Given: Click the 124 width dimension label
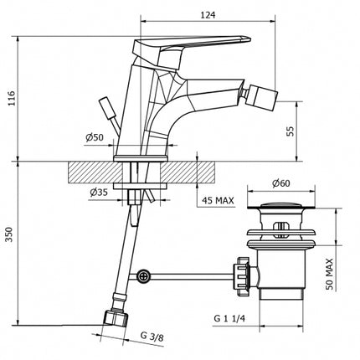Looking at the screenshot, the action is (x=208, y=15).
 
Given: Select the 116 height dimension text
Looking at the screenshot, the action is (x=13, y=98).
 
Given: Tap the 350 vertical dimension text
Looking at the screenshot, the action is (x=9, y=234).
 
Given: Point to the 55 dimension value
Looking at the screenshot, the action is (x=291, y=131).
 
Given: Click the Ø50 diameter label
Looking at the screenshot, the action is (x=95, y=137).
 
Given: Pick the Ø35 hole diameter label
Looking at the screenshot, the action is (x=99, y=193).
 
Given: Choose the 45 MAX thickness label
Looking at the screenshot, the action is (x=218, y=200).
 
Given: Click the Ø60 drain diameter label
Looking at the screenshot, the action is (x=280, y=183).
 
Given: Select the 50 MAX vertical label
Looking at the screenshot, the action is (x=330, y=274).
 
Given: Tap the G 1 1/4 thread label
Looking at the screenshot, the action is (x=229, y=318).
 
